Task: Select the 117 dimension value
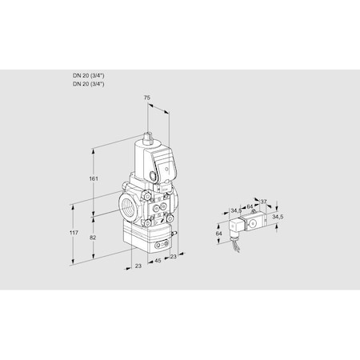(x=73, y=232)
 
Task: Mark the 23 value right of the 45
(x=173, y=258)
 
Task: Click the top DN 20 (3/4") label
(x=88, y=75)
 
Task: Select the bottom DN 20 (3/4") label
(x=88, y=83)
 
